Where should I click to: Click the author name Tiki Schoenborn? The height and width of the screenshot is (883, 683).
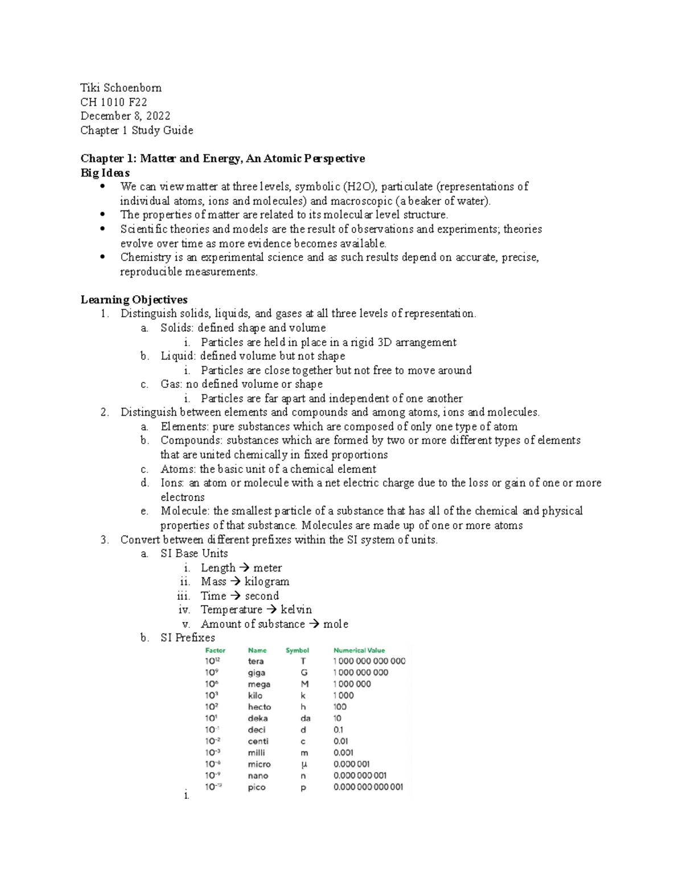[x=121, y=88]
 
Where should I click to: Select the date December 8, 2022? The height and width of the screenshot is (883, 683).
[x=125, y=116]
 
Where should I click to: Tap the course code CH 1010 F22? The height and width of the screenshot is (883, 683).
[x=114, y=102]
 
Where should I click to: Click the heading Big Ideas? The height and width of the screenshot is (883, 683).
[x=105, y=172]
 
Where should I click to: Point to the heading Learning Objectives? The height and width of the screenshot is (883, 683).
[x=134, y=300]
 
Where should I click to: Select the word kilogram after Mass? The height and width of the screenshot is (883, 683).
[x=267, y=582]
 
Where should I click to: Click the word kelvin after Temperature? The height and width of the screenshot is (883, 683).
[x=296, y=610]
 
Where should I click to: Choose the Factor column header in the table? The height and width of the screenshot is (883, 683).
[x=215, y=650]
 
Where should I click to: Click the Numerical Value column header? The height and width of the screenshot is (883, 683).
[x=359, y=650]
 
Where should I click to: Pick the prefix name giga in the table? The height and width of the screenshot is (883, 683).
[x=256, y=673]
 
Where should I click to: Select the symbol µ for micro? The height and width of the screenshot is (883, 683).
[x=303, y=764]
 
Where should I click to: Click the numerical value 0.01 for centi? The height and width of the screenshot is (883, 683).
[x=341, y=741]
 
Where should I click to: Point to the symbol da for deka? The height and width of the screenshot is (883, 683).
[x=305, y=719]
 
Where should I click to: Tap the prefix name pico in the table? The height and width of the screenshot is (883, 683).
[x=257, y=787]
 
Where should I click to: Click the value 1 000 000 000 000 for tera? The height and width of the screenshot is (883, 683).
[x=369, y=661]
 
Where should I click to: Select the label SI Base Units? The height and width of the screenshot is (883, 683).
[x=194, y=554]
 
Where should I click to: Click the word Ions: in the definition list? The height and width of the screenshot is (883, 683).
[x=172, y=483]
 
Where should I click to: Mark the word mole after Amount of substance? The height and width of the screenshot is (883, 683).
[x=336, y=624]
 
